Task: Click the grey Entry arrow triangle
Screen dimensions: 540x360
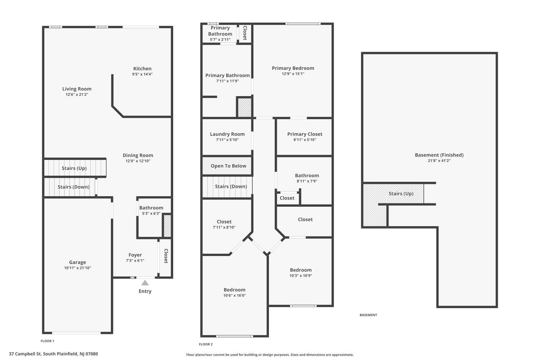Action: pos(145,283)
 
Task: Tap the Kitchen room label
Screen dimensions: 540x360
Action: pos(142,69)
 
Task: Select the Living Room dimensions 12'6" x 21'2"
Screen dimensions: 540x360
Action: pos(77,95)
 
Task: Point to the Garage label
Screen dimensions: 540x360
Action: pos(77,262)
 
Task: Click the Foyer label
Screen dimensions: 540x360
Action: pos(135,255)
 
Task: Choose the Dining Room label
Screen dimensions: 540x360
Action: pos(138,155)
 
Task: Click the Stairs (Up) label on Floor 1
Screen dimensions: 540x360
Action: pos(74,168)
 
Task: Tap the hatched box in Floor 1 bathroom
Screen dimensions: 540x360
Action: pos(167,226)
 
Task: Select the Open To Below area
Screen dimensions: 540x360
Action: pos(227,166)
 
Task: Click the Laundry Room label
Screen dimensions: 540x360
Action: pos(227,134)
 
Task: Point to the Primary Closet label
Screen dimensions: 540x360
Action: pos(305,134)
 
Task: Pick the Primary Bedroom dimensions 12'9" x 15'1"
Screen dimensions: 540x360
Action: pos(293,74)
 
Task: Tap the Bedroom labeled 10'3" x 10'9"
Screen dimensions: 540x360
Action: pos(301,270)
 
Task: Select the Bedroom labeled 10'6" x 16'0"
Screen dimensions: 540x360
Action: pos(235,290)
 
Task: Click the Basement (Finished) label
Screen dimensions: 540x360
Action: pos(439,155)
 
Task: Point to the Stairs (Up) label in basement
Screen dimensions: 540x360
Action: pos(401,194)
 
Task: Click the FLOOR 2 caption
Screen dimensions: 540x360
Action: pos(206,344)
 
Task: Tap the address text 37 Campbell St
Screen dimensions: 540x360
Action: pos(25,354)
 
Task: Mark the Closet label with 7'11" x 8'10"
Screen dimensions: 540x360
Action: pos(224,222)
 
